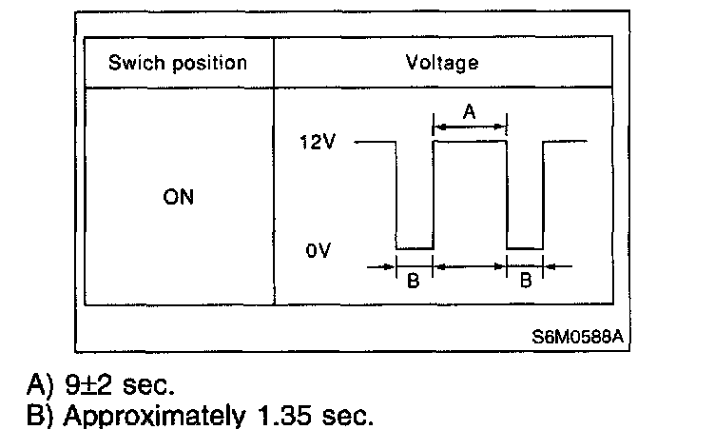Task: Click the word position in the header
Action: tap(206, 64)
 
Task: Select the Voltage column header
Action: tap(442, 64)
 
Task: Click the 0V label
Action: tap(319, 254)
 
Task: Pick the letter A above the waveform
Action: tap(469, 110)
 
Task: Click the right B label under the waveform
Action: tap(525, 283)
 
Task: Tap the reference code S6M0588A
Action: tap(580, 337)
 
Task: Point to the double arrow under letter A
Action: tap(470, 125)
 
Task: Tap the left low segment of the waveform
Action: tap(414, 248)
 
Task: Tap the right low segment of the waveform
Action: tap(525, 248)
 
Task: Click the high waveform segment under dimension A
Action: tap(470, 142)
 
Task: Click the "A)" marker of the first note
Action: tap(41, 386)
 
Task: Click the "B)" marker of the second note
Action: tap(41, 415)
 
